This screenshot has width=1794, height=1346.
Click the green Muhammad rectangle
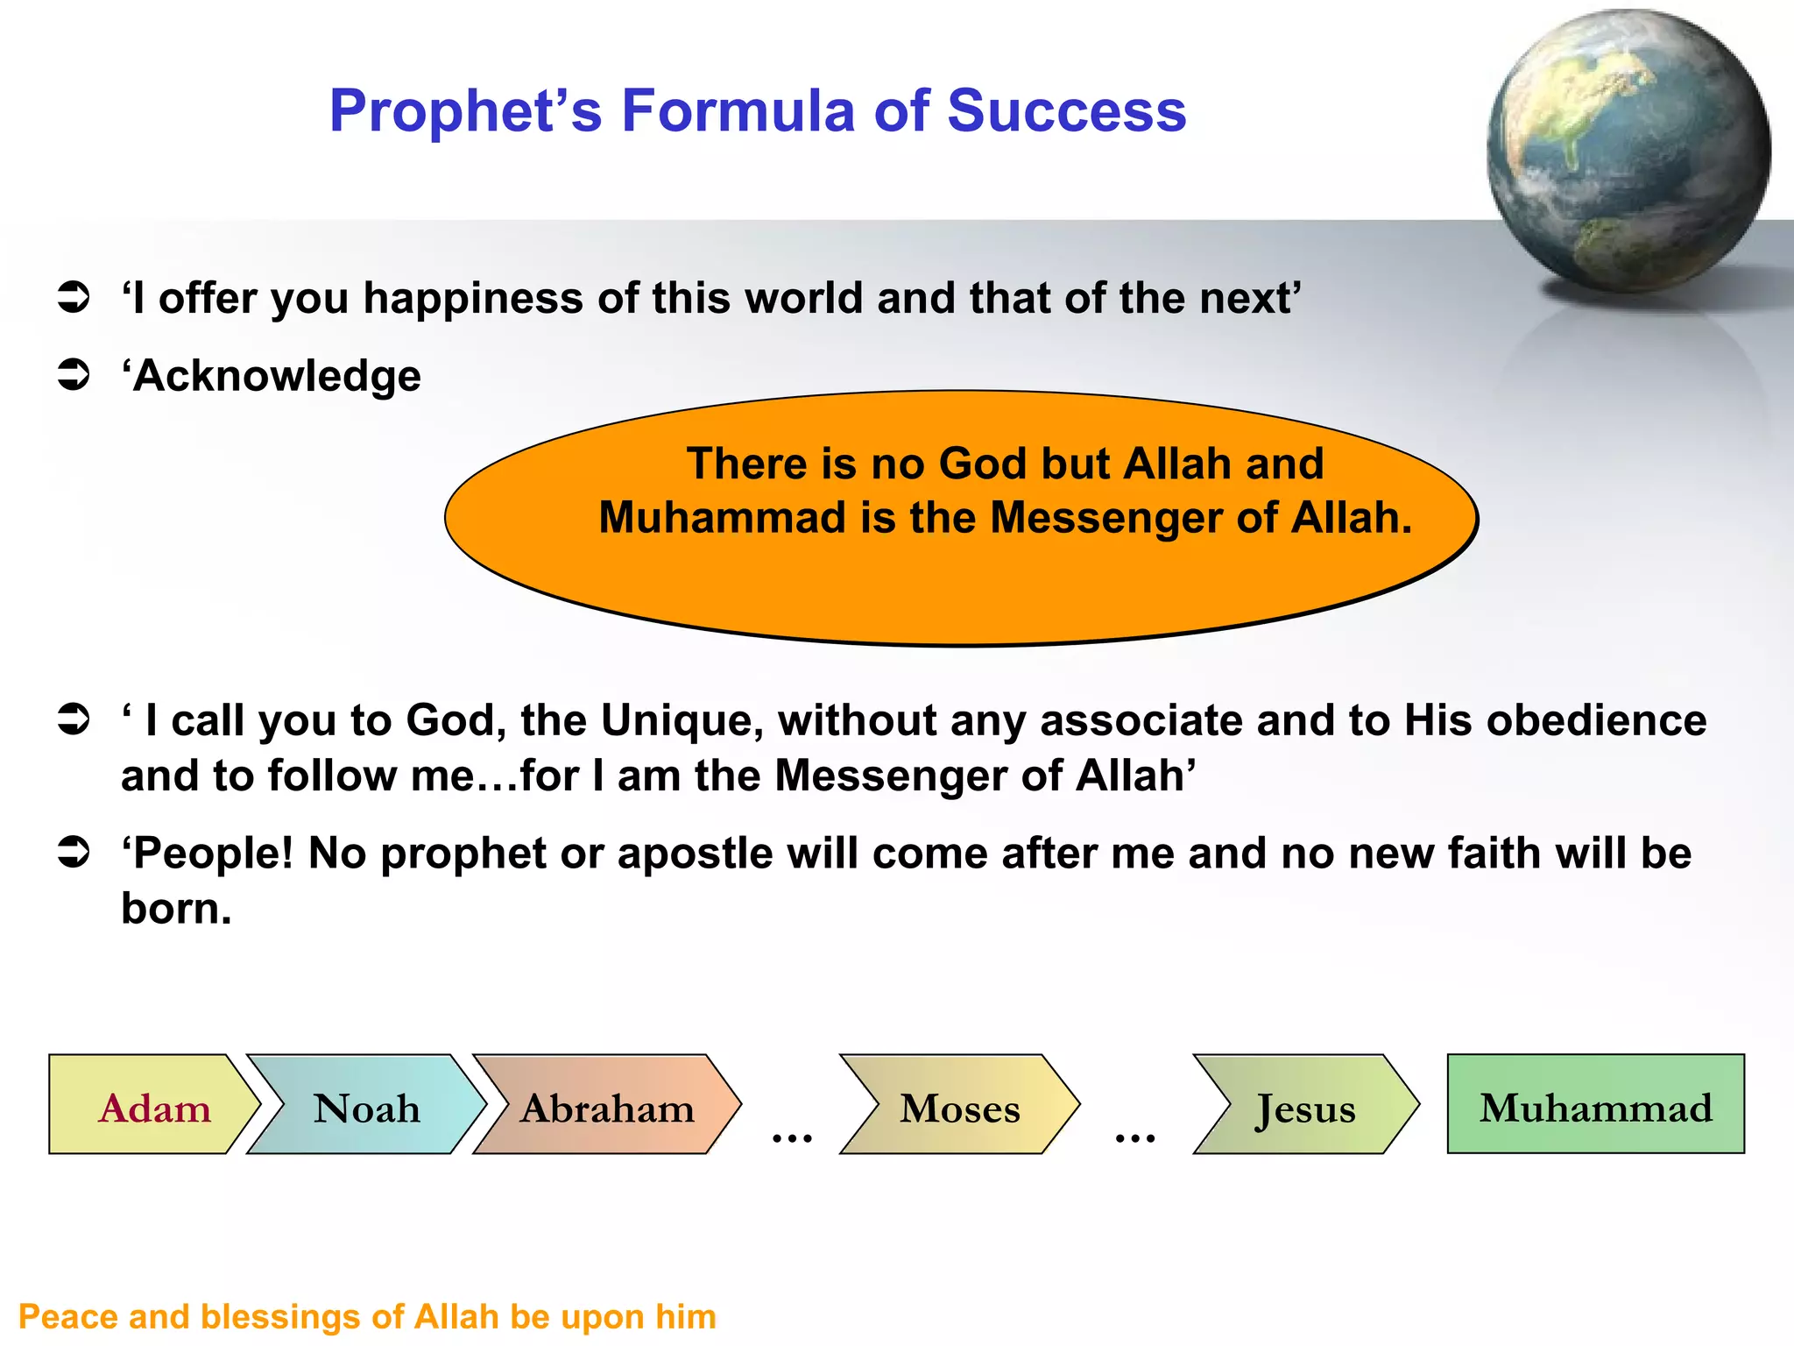point(1595,1106)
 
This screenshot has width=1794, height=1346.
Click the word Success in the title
point(1066,111)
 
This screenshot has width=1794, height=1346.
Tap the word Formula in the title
point(738,111)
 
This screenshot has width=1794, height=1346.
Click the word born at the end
point(176,909)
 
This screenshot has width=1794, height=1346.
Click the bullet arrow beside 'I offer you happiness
point(74,298)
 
